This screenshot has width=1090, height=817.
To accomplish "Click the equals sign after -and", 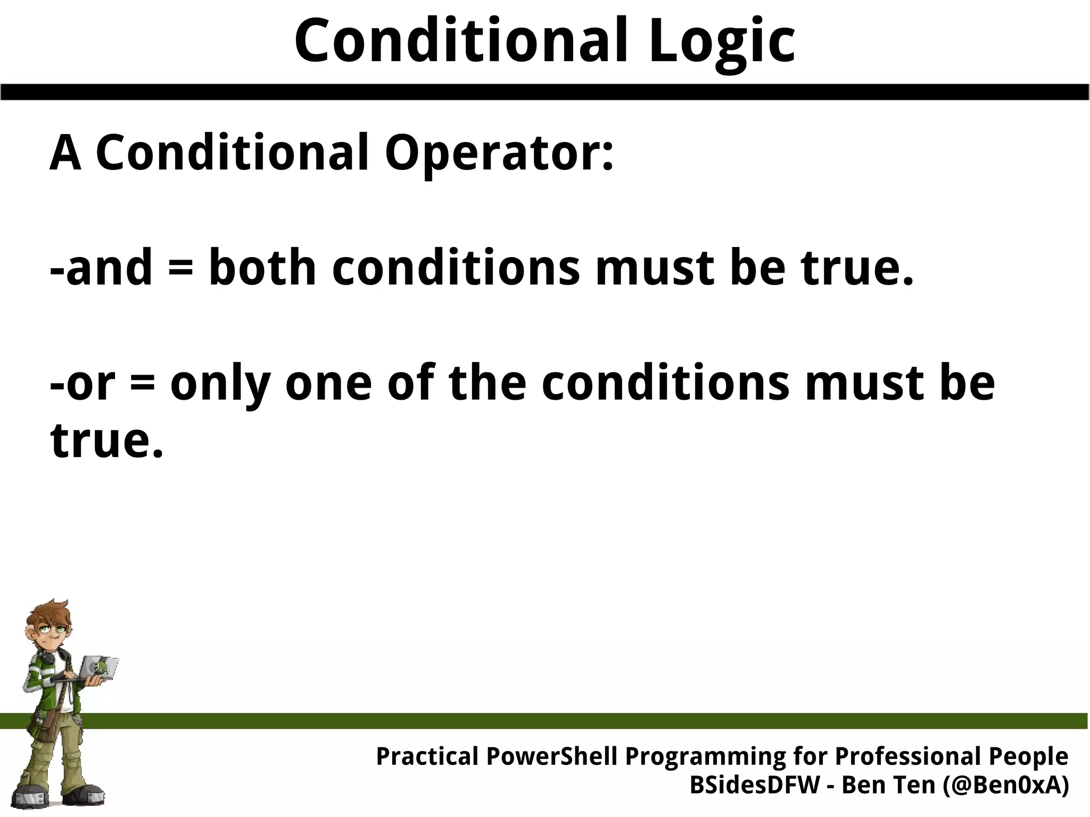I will point(179,269).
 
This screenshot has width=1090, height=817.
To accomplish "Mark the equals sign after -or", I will point(142,384).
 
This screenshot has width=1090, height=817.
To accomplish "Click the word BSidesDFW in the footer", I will point(755,785).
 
